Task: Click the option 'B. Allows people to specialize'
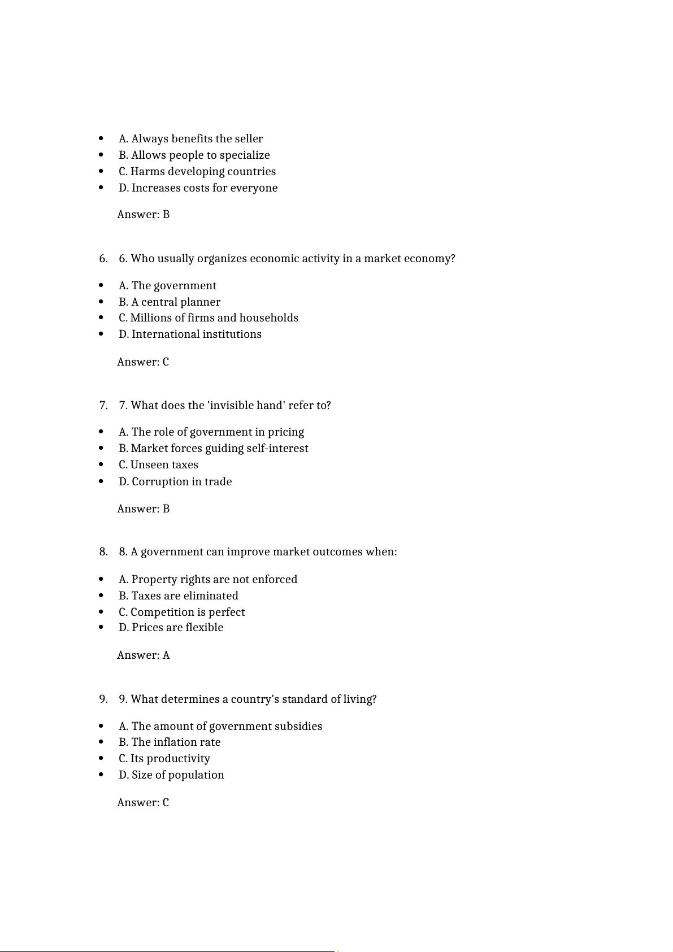coord(194,155)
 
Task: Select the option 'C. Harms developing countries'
coord(197,172)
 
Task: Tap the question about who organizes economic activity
coord(286,259)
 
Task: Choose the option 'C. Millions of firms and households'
coord(208,318)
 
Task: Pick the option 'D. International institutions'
coord(190,334)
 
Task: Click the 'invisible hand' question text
coord(224,406)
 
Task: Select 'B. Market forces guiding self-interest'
coord(213,449)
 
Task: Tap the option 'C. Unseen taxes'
coord(158,465)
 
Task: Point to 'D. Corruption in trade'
coord(175,482)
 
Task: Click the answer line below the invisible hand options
coord(143,509)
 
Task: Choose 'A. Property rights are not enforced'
coord(207,580)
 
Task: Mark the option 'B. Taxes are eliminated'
coord(178,596)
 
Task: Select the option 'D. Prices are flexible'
coord(171,628)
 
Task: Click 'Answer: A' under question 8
coord(143,655)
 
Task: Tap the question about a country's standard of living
coord(248,699)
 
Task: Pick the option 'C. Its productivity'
coord(164,759)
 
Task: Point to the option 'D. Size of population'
coord(171,775)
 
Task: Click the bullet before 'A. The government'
coord(101,286)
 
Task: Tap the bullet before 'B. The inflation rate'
coord(101,742)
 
